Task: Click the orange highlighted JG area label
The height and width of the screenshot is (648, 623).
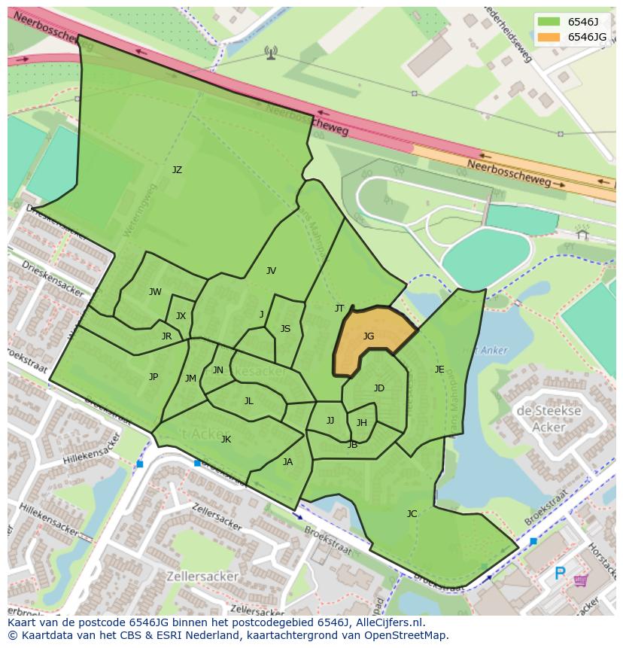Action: (368, 336)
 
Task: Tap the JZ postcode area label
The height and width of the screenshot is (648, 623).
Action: (177, 170)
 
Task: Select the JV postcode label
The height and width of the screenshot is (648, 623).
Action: (271, 271)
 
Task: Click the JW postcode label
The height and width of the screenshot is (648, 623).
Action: (155, 292)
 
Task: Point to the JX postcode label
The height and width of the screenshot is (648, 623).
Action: (181, 316)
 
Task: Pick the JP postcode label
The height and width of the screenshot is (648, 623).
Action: (153, 377)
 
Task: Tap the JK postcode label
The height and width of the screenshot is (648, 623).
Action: (226, 440)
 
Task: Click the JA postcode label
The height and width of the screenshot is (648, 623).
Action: (287, 462)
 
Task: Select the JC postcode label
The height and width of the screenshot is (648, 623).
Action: (412, 514)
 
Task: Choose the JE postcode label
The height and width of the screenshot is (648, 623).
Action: (439, 370)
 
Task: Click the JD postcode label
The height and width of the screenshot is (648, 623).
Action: (379, 388)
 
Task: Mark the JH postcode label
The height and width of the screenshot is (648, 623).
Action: (362, 423)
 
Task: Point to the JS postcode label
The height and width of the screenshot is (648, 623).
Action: (285, 329)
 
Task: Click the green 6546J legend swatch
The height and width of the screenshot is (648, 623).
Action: (549, 22)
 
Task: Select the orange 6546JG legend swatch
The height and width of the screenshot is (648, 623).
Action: (549, 37)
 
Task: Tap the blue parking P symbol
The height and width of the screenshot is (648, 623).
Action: (560, 574)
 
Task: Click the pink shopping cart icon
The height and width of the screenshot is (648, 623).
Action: (581, 580)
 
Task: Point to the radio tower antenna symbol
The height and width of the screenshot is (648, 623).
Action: (271, 52)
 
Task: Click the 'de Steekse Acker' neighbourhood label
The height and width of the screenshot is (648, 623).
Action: (549, 419)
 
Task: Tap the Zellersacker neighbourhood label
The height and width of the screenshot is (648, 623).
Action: (205, 577)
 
